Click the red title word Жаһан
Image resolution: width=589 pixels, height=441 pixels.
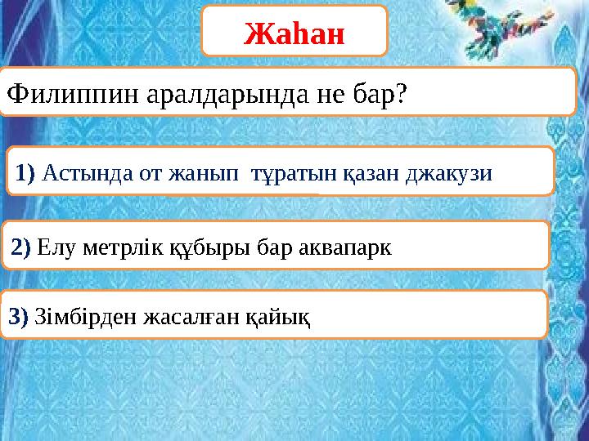click(x=294, y=32)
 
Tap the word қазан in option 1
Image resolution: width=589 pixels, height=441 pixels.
click(x=379, y=172)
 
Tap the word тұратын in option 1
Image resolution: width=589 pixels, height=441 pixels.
click(x=296, y=172)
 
